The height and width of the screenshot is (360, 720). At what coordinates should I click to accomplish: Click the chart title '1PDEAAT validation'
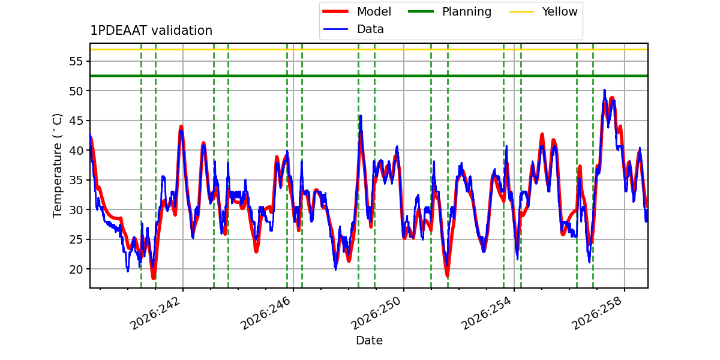(151, 31)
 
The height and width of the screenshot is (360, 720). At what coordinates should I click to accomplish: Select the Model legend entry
(357, 11)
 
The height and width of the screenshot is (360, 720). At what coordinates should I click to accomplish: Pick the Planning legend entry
(449, 11)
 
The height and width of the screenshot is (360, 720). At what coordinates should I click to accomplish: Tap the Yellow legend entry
(543, 11)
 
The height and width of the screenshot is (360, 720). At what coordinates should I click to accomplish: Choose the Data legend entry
(353, 29)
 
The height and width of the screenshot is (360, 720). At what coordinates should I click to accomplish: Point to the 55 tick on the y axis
(76, 61)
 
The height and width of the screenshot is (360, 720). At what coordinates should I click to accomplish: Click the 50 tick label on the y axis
(76, 91)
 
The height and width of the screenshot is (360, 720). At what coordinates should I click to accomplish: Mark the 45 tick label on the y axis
(76, 121)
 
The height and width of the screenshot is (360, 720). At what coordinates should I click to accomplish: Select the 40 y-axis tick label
(76, 151)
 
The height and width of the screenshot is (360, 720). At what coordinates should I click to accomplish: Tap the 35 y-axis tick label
(76, 180)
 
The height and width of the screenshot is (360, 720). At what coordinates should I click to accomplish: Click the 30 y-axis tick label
(76, 210)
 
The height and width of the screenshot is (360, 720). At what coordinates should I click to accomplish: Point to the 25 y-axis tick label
(76, 239)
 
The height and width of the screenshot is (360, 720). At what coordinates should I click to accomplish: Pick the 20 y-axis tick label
(76, 269)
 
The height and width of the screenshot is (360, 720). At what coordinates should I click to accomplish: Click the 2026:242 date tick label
(155, 313)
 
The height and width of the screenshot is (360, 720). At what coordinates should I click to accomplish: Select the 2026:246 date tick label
(266, 313)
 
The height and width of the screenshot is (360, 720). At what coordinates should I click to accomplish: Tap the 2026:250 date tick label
(376, 313)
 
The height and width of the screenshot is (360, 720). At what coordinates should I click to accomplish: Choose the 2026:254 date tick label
(487, 313)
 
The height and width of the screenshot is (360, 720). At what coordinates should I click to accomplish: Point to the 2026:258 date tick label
(597, 313)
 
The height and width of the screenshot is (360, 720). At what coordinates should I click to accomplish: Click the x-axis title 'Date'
(370, 340)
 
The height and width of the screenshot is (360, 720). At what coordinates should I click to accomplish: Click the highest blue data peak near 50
(604, 91)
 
